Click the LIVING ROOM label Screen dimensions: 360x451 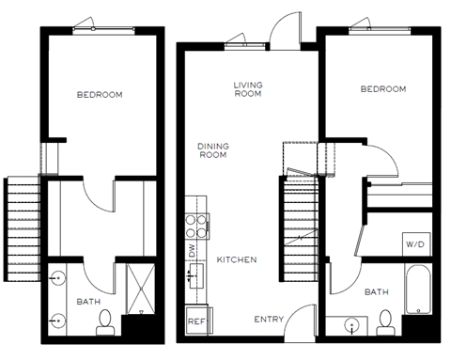pos(247,89)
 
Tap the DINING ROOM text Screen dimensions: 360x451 pos(213,150)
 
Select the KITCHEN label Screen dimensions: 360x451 pos(237,259)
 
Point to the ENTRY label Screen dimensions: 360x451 pos(269,320)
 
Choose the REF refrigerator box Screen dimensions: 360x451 pos(196,320)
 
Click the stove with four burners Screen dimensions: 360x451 pos(197,224)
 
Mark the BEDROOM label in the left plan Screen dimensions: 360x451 pos(100,95)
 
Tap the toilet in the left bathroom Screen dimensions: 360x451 pos(104,321)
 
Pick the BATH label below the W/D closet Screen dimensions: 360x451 pos(377,292)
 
